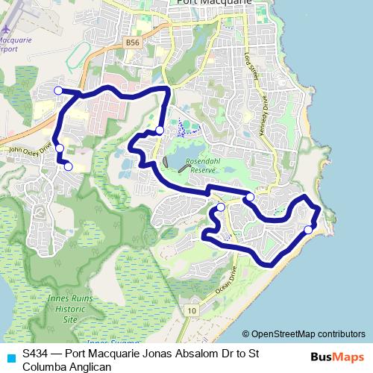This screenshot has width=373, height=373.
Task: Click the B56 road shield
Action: (133, 43)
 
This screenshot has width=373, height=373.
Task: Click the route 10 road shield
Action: (192, 310)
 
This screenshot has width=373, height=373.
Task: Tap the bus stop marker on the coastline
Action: (308, 230)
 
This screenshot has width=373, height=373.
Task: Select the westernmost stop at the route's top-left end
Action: (59, 90)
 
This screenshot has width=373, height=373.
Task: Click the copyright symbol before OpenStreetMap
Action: (247, 334)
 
